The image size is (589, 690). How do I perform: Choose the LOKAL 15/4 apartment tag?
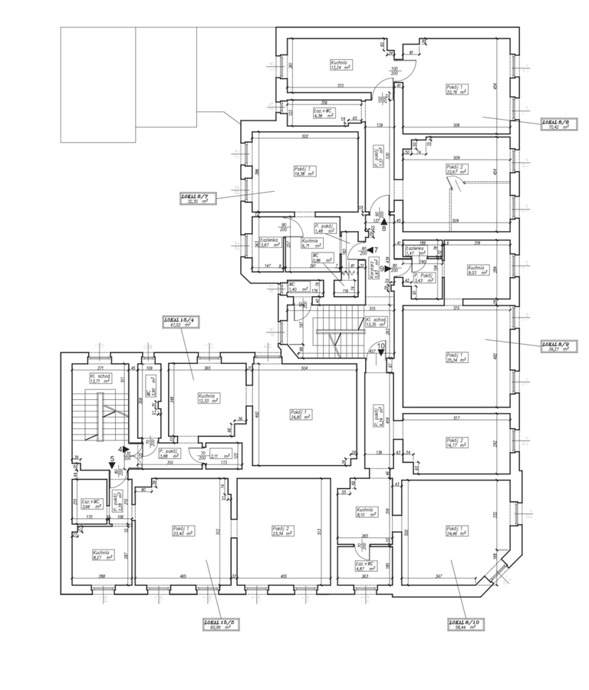pos(175,322)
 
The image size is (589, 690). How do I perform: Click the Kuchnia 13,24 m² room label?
pos(339,65)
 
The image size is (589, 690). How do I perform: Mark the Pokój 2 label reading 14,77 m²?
pos(456,442)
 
